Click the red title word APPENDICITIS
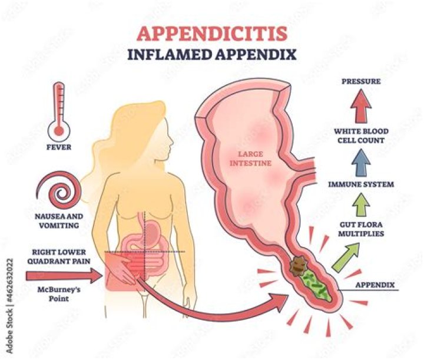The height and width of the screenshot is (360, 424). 212,34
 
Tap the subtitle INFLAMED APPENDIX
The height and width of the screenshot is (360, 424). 212,54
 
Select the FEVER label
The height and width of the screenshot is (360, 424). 59,147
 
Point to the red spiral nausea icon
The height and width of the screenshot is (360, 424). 58,191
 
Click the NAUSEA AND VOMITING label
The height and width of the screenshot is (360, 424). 59,221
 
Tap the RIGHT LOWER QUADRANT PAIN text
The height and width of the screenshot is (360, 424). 59,257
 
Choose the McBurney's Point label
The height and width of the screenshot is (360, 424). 59,294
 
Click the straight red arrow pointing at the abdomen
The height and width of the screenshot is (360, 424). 64,276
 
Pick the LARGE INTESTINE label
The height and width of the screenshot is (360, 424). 250,158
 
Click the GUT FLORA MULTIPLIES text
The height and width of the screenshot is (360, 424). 361,229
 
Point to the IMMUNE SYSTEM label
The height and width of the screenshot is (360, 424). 361,184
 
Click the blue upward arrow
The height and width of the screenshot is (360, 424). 361,162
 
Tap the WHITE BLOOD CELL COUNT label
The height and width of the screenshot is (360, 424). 361,136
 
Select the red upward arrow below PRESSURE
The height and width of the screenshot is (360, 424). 361,106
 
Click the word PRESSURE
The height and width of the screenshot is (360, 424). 361,81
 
